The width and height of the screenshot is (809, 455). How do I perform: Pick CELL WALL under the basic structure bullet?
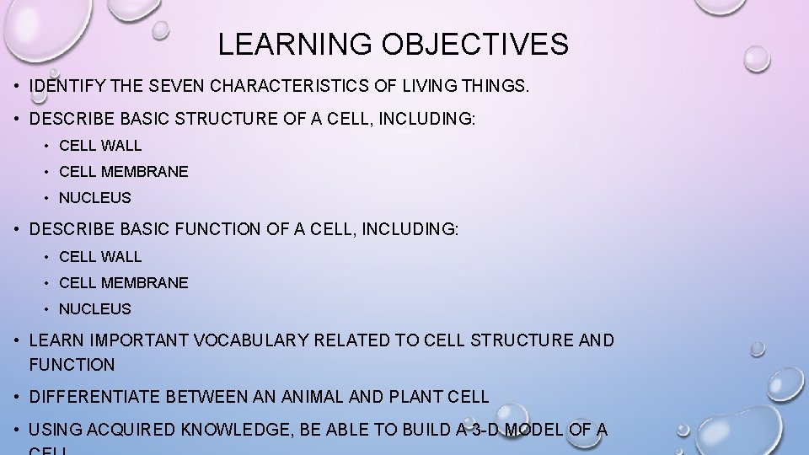coord(100,146)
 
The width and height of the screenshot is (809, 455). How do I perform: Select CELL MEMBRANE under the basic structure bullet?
coord(123,172)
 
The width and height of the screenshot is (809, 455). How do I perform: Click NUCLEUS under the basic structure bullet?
coord(94,198)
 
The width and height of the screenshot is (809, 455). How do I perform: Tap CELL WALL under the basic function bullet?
coord(100,256)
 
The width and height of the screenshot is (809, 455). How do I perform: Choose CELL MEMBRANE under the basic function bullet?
coord(123,283)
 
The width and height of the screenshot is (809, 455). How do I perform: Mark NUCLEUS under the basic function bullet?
coord(94,309)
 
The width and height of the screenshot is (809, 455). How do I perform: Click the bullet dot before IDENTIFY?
coord(17,86)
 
